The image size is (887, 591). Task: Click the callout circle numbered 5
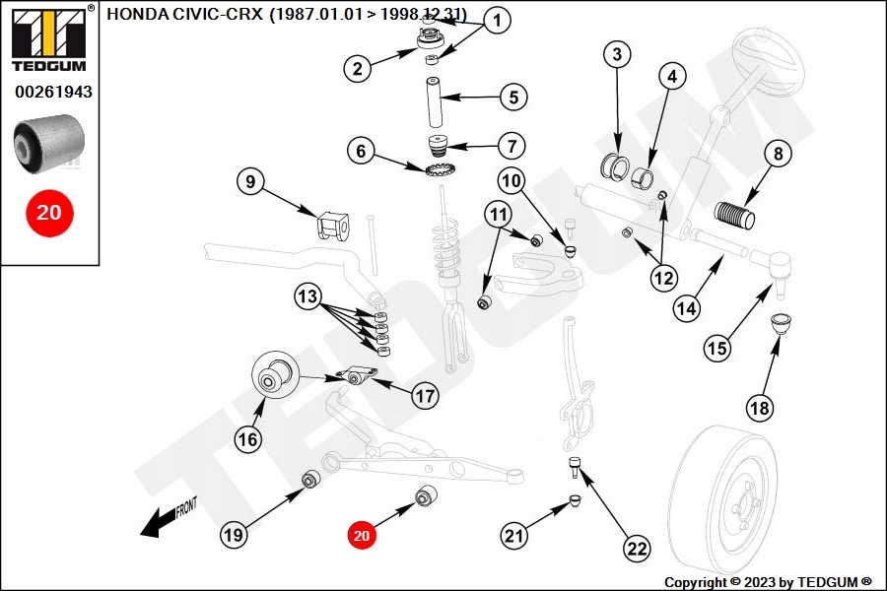point(512,97)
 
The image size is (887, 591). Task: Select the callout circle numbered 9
point(250,181)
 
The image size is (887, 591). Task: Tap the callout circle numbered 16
point(247,438)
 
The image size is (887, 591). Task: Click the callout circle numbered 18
point(759,407)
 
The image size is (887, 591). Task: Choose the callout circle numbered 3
point(616,54)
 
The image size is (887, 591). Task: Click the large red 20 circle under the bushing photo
point(49,212)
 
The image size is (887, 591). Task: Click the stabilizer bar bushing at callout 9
point(331,226)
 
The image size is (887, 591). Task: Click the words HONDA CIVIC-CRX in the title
point(182,14)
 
